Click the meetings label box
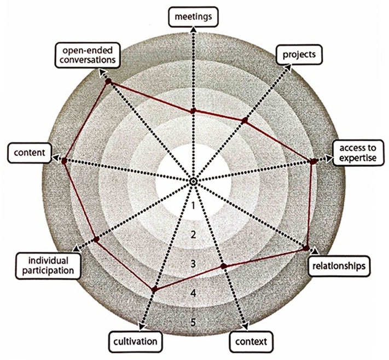tap(193, 17)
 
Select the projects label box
tap(299, 55)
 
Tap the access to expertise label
tap(358, 153)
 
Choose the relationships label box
tap(339, 266)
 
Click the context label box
tap(251, 341)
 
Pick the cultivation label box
tap(136, 341)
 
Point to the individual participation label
tap(48, 266)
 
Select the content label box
tap(30, 153)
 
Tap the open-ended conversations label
tap(88, 55)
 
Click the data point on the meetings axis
tap(193, 111)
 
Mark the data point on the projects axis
tap(245, 120)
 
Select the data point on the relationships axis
tap(306, 248)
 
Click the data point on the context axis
tap(224, 266)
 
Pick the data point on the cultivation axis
tap(154, 289)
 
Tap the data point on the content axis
tap(64, 161)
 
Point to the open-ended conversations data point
tap(108, 81)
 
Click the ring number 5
tap(194, 323)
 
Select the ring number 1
tap(194, 206)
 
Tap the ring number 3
tap(194, 264)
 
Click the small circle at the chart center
tap(193, 182)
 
